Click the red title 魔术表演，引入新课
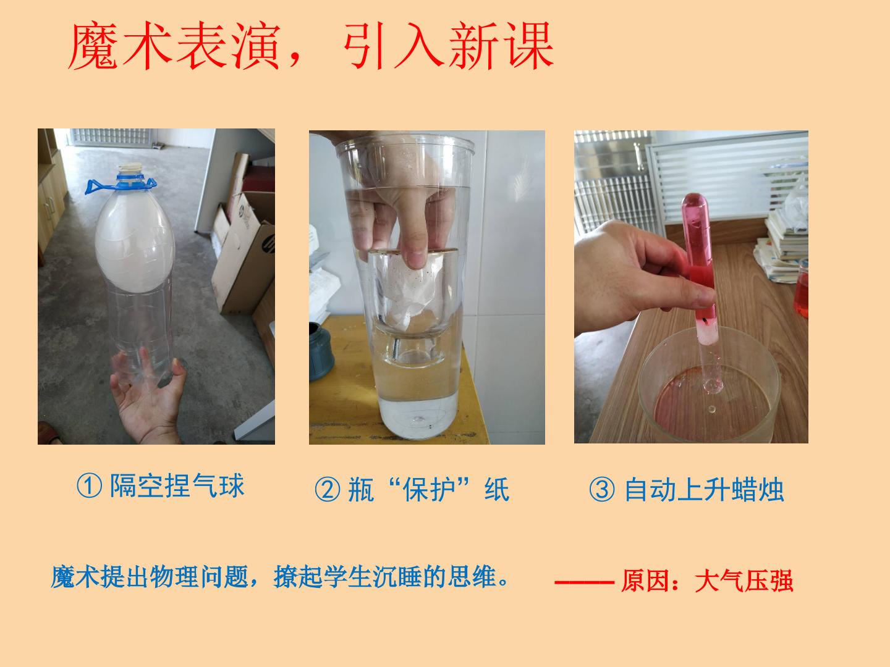click(311, 46)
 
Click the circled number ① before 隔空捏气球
click(89, 486)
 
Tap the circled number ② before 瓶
click(327, 489)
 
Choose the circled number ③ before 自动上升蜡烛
click(602, 489)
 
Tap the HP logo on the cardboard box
click(268, 244)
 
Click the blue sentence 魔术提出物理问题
click(150, 577)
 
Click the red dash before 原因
click(585, 582)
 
